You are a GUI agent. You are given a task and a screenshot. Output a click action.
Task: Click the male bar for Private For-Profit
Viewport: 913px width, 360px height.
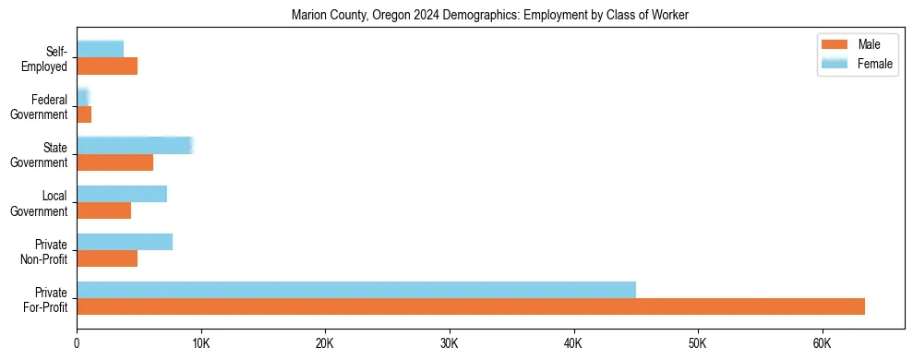(x=471, y=306)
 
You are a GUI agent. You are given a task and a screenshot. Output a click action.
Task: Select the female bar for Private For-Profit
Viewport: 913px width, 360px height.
(x=356, y=290)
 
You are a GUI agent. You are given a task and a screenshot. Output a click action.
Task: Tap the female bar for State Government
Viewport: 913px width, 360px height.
(x=134, y=145)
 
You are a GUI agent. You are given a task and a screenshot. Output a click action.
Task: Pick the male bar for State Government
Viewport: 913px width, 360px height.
(x=114, y=162)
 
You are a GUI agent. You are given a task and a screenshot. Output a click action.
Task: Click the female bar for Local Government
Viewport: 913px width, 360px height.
(x=122, y=194)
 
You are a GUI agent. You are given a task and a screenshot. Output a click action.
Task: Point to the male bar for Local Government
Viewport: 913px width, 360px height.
(x=103, y=210)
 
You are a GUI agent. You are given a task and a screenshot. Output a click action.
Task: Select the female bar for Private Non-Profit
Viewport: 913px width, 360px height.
(x=125, y=242)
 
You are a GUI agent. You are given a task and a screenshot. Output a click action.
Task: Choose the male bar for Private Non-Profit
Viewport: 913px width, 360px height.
(x=107, y=258)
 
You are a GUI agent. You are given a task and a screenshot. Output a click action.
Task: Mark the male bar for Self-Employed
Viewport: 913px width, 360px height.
(x=107, y=66)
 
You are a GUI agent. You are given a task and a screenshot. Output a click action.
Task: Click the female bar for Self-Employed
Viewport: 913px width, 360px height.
(x=100, y=49)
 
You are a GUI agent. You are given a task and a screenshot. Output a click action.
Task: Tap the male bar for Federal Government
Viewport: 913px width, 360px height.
(x=84, y=114)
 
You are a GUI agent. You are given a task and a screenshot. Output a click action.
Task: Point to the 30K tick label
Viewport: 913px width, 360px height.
(x=449, y=344)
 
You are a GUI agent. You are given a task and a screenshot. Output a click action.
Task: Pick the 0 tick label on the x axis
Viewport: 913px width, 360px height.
(x=77, y=344)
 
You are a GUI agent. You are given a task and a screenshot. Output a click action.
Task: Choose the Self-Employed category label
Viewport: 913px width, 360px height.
(x=46, y=58)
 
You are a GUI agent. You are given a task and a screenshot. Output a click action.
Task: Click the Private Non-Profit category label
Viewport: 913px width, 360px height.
(x=46, y=250)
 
